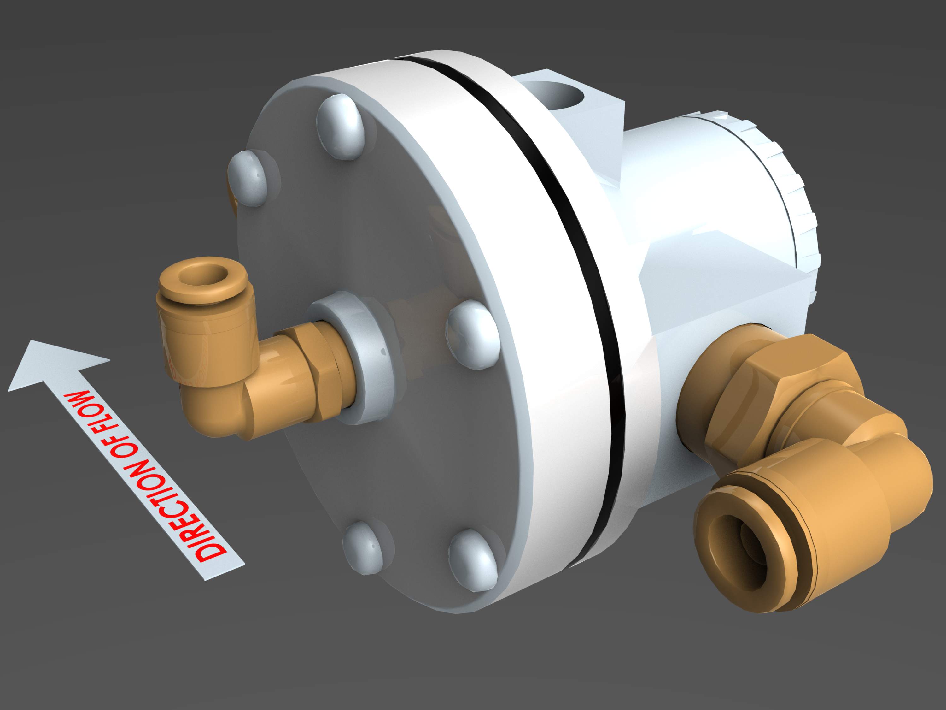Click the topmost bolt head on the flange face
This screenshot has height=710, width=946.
(x=341, y=127)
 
